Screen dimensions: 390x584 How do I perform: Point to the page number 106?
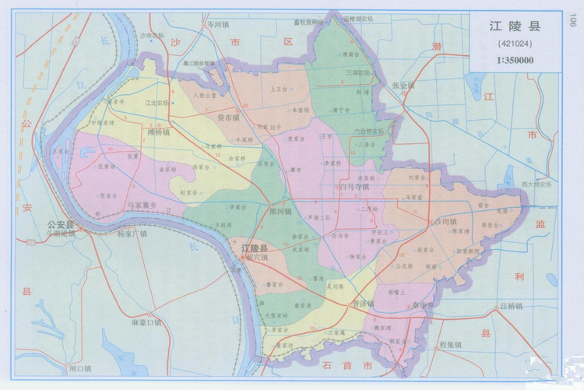(572, 21)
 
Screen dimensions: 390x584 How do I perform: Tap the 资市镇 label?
(228, 118)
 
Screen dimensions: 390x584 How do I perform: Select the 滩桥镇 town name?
(159, 132)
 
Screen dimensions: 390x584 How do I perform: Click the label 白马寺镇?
(354, 187)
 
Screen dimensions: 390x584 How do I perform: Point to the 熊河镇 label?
(280, 211)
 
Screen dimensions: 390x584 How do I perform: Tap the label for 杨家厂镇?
(132, 233)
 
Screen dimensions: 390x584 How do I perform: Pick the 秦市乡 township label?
(426, 306)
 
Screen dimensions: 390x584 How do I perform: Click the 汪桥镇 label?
(515, 307)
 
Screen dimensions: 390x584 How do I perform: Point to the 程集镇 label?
(450, 343)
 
